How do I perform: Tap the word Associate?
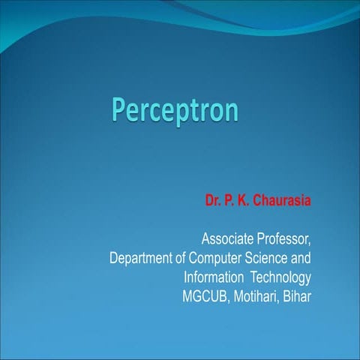[x=227, y=240]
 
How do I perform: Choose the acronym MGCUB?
[x=205, y=295]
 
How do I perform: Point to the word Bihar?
[x=296, y=295]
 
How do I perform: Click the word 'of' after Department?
[x=182, y=259]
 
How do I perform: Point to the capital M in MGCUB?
[x=187, y=295]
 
